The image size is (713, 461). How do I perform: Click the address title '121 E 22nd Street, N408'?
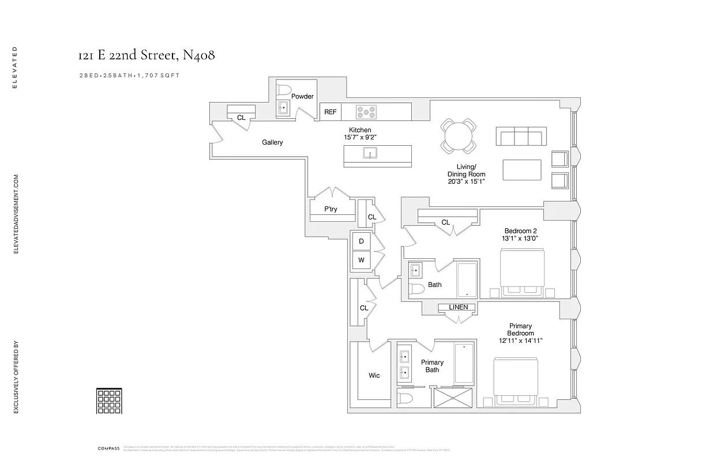[x=147, y=55]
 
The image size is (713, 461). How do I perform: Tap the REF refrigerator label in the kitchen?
[x=330, y=112]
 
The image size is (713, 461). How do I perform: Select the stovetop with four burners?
[x=366, y=112]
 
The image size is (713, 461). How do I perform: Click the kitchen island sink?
[x=369, y=153]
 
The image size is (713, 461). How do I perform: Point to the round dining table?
[x=459, y=137]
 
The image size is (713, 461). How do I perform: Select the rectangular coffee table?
[x=521, y=170]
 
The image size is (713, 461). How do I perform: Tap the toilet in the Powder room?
[x=283, y=90]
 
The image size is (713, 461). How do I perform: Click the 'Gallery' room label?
[x=272, y=142]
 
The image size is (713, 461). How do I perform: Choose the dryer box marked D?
[x=361, y=241]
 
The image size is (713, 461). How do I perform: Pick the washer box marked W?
[x=361, y=260]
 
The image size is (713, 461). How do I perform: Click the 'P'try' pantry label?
[x=331, y=209]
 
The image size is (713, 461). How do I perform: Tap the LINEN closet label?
[x=458, y=308]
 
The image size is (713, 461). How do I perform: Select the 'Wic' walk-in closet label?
[x=374, y=375]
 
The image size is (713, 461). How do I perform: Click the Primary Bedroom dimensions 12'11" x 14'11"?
[x=520, y=341]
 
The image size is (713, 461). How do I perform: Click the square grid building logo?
[x=109, y=400]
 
